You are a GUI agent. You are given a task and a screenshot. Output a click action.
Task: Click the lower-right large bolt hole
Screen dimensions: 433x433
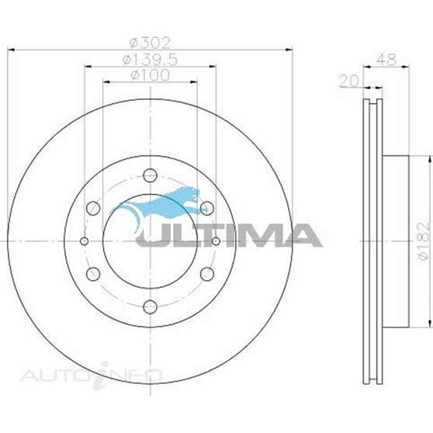206,272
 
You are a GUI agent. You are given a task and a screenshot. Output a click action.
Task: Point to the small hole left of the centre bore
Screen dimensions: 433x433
85,241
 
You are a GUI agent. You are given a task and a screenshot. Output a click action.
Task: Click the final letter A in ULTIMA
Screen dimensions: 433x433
303,234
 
